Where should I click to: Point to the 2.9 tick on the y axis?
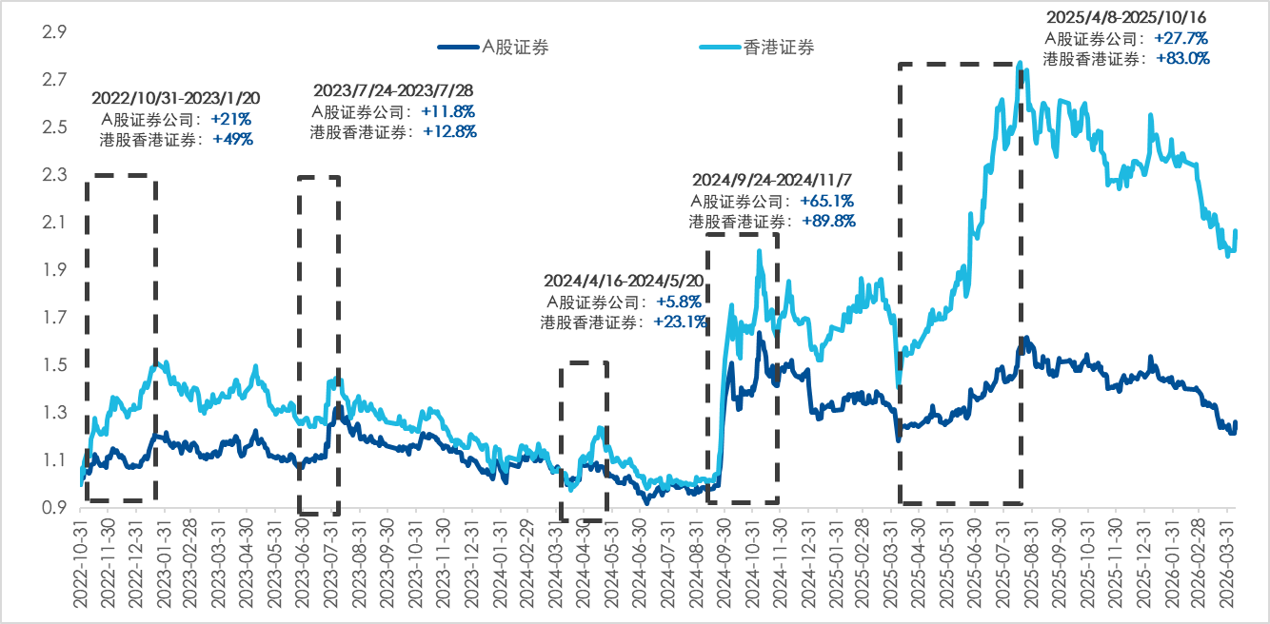click(53, 32)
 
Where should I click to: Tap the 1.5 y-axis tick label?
click(53, 365)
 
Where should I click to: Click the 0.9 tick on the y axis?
click(53, 508)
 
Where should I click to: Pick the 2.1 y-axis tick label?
click(53, 223)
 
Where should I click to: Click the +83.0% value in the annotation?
click(1183, 58)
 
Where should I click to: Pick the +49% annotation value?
click(233, 139)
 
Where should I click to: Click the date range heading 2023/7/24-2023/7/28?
click(393, 90)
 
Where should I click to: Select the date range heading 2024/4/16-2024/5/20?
click(625, 282)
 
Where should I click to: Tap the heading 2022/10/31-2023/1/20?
click(176, 98)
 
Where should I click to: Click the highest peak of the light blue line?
click(1021, 64)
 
